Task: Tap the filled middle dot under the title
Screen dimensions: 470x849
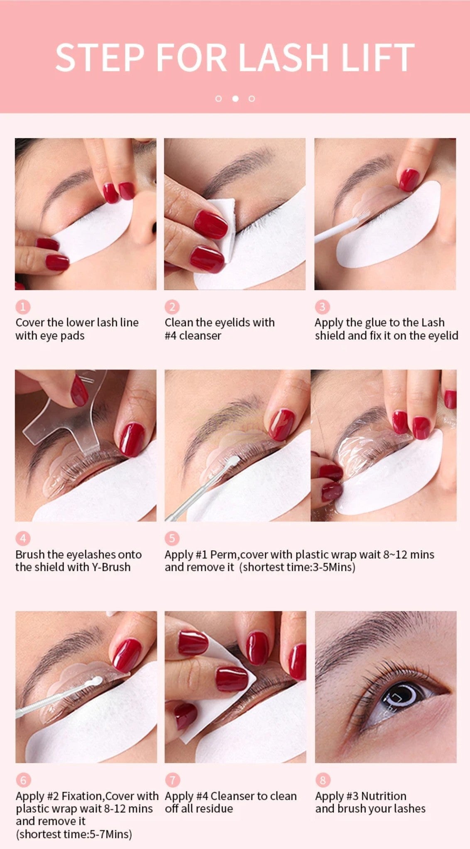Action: coord(235,99)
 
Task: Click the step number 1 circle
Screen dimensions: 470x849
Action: coord(23,307)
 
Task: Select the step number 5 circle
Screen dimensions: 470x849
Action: coord(172,539)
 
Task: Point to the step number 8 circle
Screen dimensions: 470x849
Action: coord(322,780)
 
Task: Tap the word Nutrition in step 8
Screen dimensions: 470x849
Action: coord(384,796)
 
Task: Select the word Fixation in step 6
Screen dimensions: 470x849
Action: coord(83,796)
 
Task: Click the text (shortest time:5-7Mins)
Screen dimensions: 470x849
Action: coord(74,834)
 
